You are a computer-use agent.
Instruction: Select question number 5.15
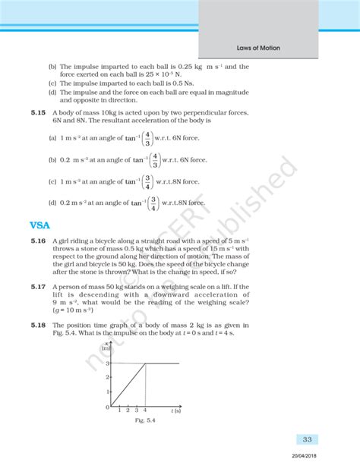(x=39, y=112)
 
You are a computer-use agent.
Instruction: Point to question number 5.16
(x=39, y=241)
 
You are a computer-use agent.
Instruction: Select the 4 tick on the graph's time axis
(x=146, y=411)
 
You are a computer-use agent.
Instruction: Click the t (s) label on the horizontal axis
(x=175, y=411)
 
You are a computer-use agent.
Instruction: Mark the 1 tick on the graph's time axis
(x=120, y=411)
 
